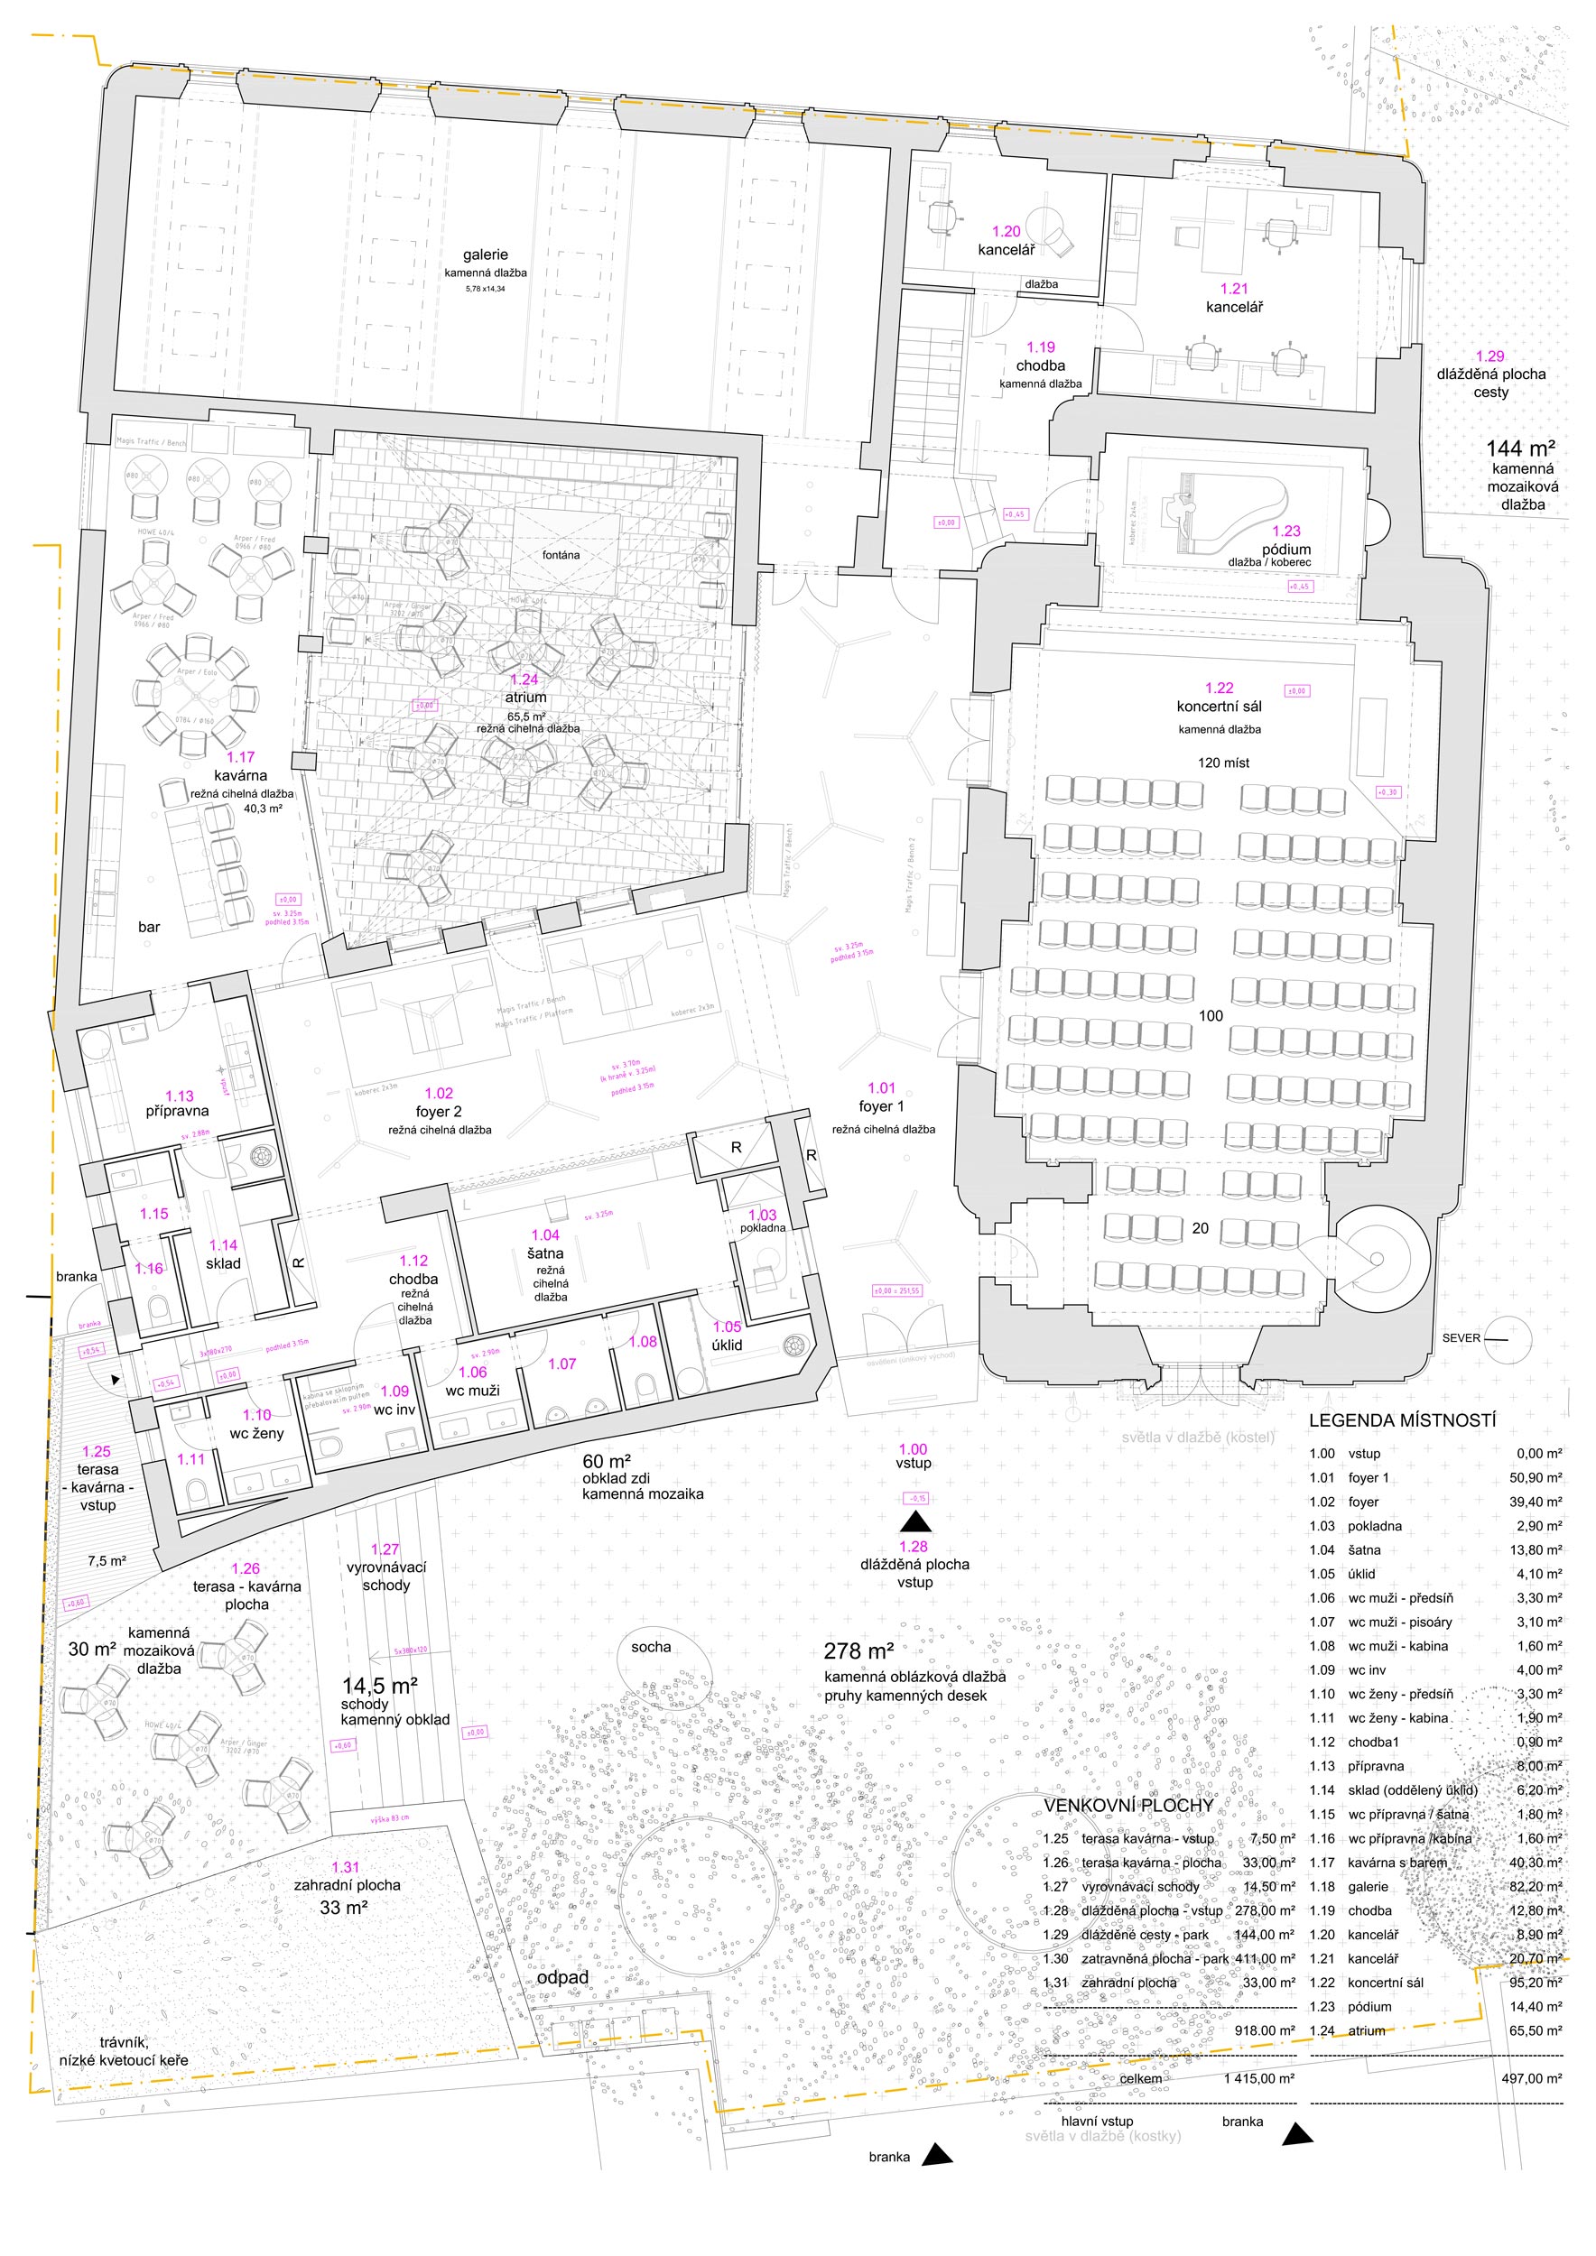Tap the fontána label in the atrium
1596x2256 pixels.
pos(561,555)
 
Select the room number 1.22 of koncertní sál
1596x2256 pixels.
pos(1219,688)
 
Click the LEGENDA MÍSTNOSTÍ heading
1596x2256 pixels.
pos(1401,1419)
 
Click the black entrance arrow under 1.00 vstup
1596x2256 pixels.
pos(916,1522)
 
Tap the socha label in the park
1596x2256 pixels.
pos(651,1647)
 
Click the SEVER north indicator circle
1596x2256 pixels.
pos(1508,1338)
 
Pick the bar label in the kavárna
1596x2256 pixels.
pos(148,927)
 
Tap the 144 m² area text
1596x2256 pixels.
pos(1519,448)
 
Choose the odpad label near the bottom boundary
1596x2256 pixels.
pos(562,1977)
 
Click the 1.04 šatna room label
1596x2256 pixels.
pos(545,1244)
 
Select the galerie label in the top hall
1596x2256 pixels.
pos(486,254)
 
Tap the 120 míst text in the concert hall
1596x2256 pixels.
pos(1223,763)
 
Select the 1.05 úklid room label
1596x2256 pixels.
pos(728,1336)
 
